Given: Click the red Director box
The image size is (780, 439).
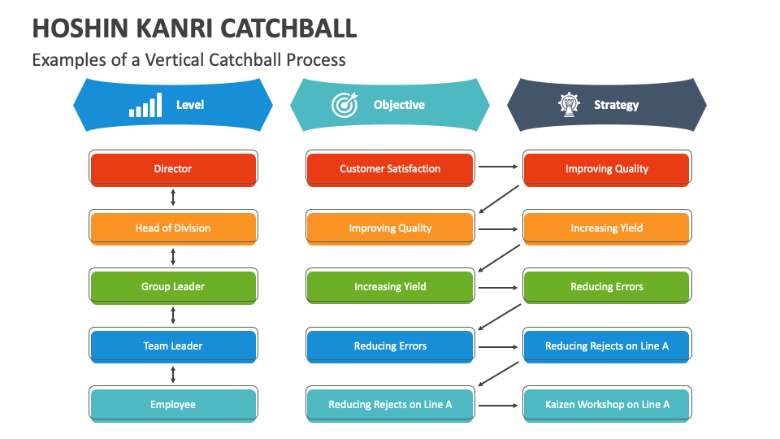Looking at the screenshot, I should tap(173, 169).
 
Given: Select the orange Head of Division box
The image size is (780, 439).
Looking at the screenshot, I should tap(173, 228).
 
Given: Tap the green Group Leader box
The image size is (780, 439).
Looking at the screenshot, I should tap(173, 286).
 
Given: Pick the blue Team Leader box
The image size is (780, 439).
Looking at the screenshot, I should tap(173, 346).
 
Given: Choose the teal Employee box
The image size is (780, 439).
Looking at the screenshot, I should tap(173, 404).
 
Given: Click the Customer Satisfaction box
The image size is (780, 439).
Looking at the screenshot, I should tap(390, 169).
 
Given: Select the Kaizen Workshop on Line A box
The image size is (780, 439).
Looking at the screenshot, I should tap(607, 404).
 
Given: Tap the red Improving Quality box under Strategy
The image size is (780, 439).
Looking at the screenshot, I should tap(607, 169).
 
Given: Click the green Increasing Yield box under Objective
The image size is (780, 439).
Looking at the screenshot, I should tap(390, 286).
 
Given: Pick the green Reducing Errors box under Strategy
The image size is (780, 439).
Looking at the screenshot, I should tap(607, 286).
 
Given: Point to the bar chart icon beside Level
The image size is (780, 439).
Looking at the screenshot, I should tap(145, 106).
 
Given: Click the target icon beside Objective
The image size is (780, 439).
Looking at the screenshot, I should tap(344, 105).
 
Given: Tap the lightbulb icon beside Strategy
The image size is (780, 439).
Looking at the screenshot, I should tap(568, 104).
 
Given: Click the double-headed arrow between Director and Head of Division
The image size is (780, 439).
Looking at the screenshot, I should tap(173, 198).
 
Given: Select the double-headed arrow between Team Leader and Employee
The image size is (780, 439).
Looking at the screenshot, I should tap(173, 375).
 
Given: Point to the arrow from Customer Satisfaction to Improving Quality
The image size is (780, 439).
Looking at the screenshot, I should tap(497, 168).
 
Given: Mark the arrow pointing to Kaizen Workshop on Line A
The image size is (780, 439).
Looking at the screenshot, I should tap(497, 404).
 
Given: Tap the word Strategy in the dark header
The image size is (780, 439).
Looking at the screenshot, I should tap(616, 105).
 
